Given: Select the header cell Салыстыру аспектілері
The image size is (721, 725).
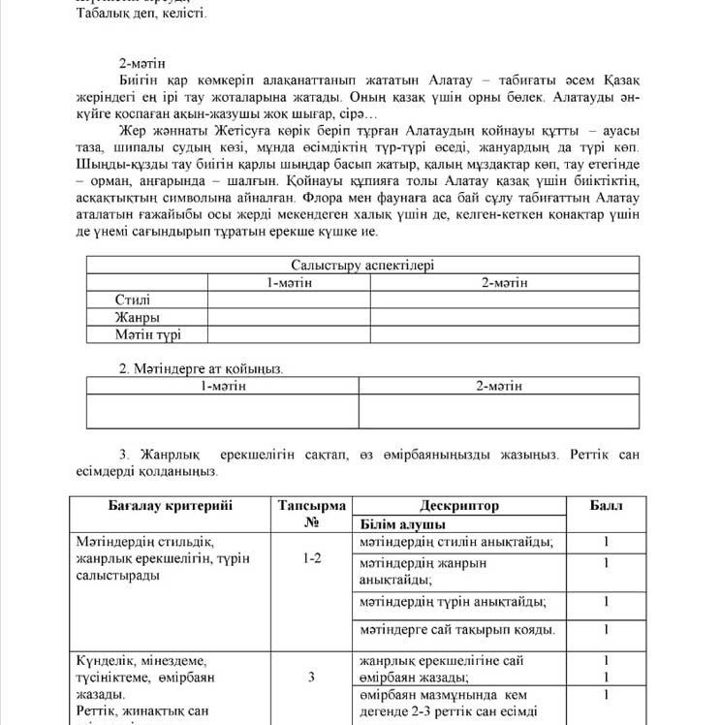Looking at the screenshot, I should [362, 265].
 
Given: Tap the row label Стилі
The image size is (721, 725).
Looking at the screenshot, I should [133, 299].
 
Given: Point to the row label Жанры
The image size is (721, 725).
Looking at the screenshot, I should [138, 317].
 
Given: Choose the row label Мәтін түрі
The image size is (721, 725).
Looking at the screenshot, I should [147, 334].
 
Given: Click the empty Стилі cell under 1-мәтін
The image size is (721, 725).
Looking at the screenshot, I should [289, 299].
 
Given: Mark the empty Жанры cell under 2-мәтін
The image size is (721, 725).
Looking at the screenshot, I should [504, 317].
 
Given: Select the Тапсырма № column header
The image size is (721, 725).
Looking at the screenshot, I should [311, 514].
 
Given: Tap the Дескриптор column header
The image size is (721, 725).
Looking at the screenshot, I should [459, 506].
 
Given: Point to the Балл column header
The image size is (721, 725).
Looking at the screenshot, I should [607, 506].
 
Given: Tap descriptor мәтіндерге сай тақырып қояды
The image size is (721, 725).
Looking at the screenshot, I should [456, 630].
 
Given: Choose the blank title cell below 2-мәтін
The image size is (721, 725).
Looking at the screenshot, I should [498, 411].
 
